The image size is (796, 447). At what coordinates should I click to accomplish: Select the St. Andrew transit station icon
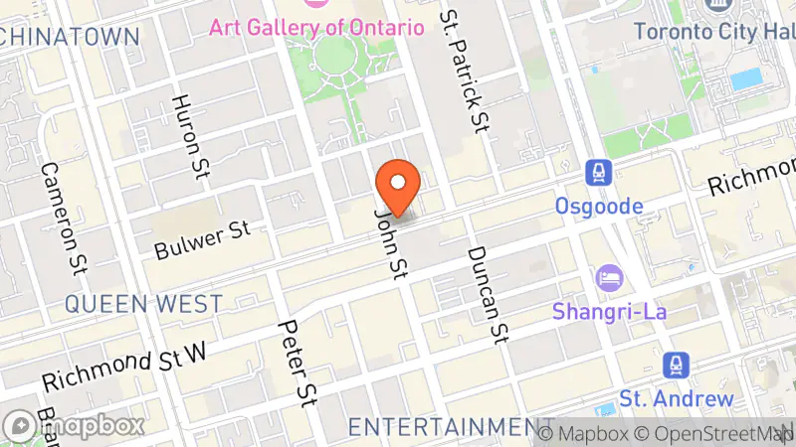click(x=678, y=366)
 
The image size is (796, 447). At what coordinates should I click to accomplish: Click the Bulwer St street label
click(x=202, y=240)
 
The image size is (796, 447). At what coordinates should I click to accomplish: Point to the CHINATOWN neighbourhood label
click(x=70, y=37)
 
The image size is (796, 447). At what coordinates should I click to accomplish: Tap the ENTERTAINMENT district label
click(x=452, y=427)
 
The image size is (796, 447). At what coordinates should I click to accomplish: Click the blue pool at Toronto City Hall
click(x=745, y=78)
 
